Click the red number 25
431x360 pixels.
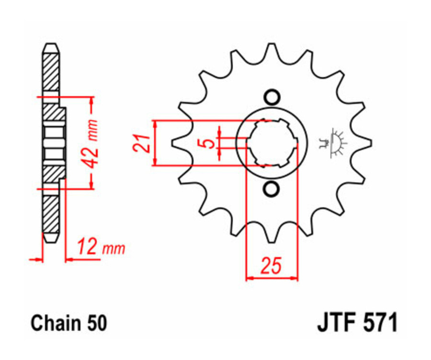coord(271,266)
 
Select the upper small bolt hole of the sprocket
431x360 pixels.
coord(272,97)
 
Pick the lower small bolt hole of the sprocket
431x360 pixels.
coord(272,189)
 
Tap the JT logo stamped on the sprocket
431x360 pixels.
coord(334,143)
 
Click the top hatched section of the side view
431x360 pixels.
coord(51,72)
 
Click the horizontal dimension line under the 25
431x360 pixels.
coord(272,277)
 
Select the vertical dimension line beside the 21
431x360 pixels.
coord(155,143)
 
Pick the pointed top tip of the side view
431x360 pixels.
coord(51,45)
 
